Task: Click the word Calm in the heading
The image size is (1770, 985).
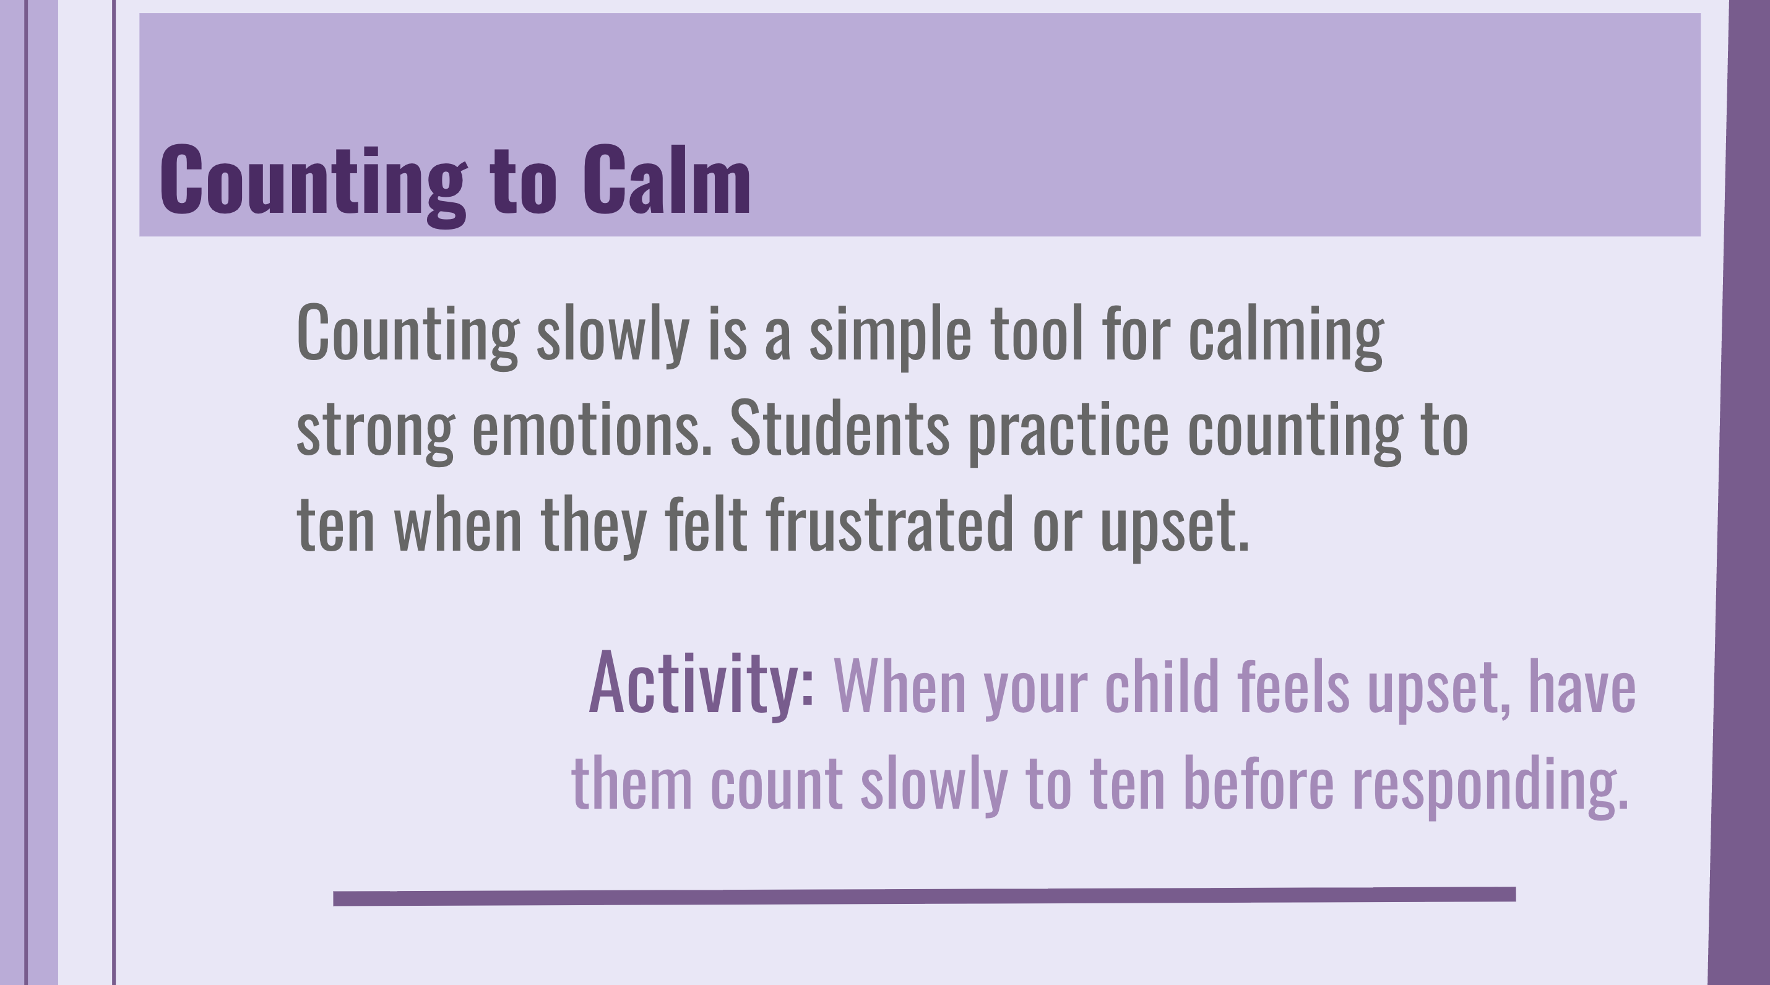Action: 666,180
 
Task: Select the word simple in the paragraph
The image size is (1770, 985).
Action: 890,335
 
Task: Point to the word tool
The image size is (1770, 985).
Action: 1037,334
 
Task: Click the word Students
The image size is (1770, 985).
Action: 839,429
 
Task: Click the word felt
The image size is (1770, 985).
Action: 706,524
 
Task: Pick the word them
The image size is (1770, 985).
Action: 631,784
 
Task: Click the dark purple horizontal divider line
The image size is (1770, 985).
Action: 924,896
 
